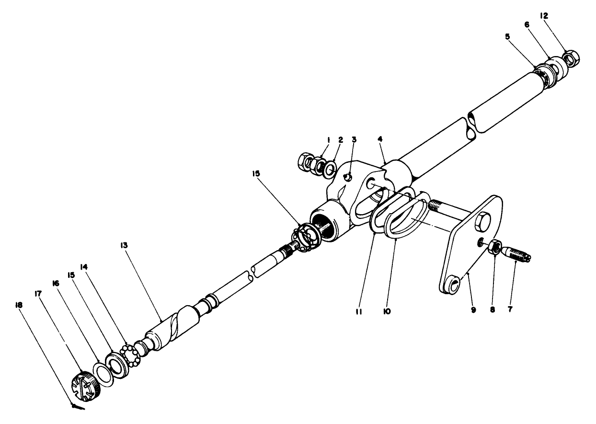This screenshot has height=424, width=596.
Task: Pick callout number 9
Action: tap(473, 310)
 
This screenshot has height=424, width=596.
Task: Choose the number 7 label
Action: tap(510, 310)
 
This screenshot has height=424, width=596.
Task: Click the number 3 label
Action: tap(354, 139)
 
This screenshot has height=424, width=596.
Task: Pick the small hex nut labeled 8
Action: tap(495, 248)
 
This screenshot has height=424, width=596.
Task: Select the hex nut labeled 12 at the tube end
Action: tap(570, 59)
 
